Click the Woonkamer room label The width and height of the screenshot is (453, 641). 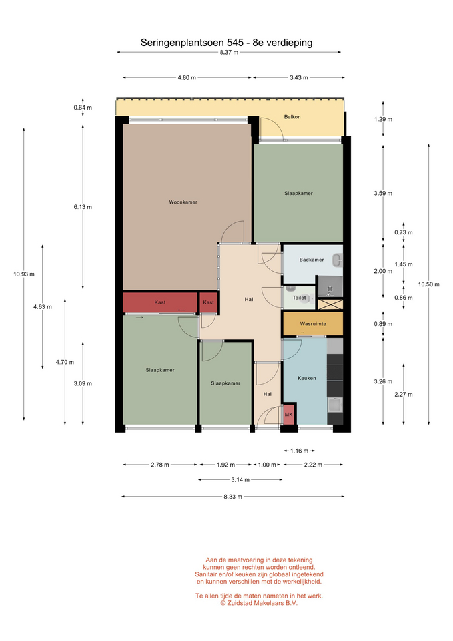183,202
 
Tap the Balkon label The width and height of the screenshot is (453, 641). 292,116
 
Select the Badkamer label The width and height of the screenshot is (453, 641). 312,260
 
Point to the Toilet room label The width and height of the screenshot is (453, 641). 299,298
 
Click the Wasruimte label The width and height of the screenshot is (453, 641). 313,323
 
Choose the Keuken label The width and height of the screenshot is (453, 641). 307,378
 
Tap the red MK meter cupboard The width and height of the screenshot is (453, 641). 289,415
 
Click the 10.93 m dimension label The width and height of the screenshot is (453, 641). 24,274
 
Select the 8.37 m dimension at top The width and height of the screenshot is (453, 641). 229,52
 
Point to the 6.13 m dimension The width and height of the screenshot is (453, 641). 83,207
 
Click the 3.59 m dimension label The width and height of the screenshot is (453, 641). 383,194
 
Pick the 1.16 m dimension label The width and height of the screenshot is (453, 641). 299,451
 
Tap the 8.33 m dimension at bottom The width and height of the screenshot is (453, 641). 233,497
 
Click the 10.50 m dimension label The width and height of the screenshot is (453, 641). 429,284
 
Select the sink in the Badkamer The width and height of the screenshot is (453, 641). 338,260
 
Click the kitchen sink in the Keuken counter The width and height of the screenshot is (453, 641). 335,405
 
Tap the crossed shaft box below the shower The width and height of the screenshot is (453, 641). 330,304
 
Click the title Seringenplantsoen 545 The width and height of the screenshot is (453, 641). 192,43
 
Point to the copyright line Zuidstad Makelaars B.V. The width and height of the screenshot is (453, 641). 259,603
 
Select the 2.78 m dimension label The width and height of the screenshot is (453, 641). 160,465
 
